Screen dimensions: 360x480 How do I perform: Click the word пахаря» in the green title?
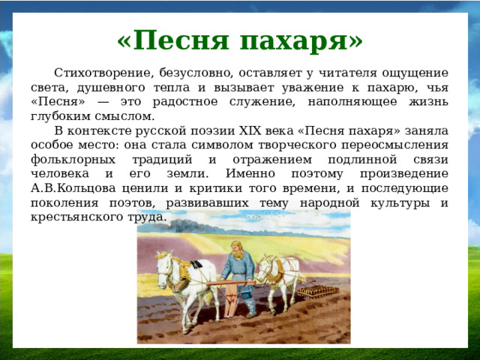(301, 38)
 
